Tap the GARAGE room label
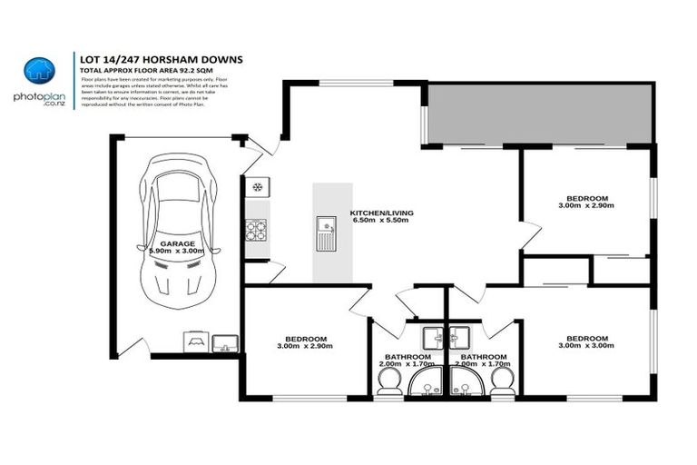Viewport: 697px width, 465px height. click(x=178, y=244)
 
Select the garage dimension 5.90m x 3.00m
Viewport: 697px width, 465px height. click(x=178, y=252)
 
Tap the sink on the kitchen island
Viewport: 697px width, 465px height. click(x=326, y=233)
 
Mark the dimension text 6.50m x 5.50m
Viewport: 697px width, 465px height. click(x=379, y=221)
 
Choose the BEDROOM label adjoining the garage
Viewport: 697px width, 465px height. click(x=300, y=339)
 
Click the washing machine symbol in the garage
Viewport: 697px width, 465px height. click(x=194, y=341)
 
